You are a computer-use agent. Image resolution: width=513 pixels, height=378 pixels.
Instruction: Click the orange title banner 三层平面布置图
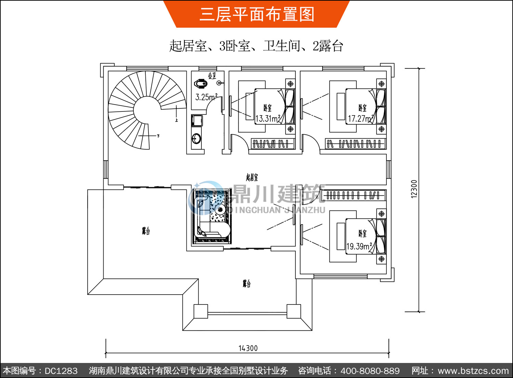coord(256,14)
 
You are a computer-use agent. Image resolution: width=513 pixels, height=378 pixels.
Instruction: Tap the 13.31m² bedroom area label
coord(268,119)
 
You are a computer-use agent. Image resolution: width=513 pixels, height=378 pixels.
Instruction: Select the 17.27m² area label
coord(360,119)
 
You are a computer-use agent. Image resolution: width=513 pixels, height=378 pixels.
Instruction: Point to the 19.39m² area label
coord(359,246)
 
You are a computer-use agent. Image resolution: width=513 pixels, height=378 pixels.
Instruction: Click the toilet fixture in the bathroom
coord(201,83)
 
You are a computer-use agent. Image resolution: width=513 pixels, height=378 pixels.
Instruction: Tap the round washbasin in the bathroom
coord(196,138)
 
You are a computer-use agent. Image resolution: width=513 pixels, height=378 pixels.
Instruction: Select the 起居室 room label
coord(252,177)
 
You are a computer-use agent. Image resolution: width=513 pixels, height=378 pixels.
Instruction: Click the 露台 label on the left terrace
coord(146,231)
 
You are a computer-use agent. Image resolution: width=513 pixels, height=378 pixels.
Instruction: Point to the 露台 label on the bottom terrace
coord(247,283)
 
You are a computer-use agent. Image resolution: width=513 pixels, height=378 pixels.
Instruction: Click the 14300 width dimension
coord(248,348)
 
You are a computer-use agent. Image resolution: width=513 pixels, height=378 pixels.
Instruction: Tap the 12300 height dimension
coord(414,189)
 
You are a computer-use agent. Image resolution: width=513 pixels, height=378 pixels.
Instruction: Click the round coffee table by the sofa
coord(220,210)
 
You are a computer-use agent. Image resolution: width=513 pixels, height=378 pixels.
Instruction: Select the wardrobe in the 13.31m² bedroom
coord(273,144)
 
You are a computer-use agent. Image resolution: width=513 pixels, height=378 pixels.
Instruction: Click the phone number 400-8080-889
coord(370,371)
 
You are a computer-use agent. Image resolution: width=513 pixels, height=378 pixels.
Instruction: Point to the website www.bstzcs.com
coord(473,371)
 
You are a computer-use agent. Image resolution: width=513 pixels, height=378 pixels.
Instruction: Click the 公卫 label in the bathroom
coord(212,76)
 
